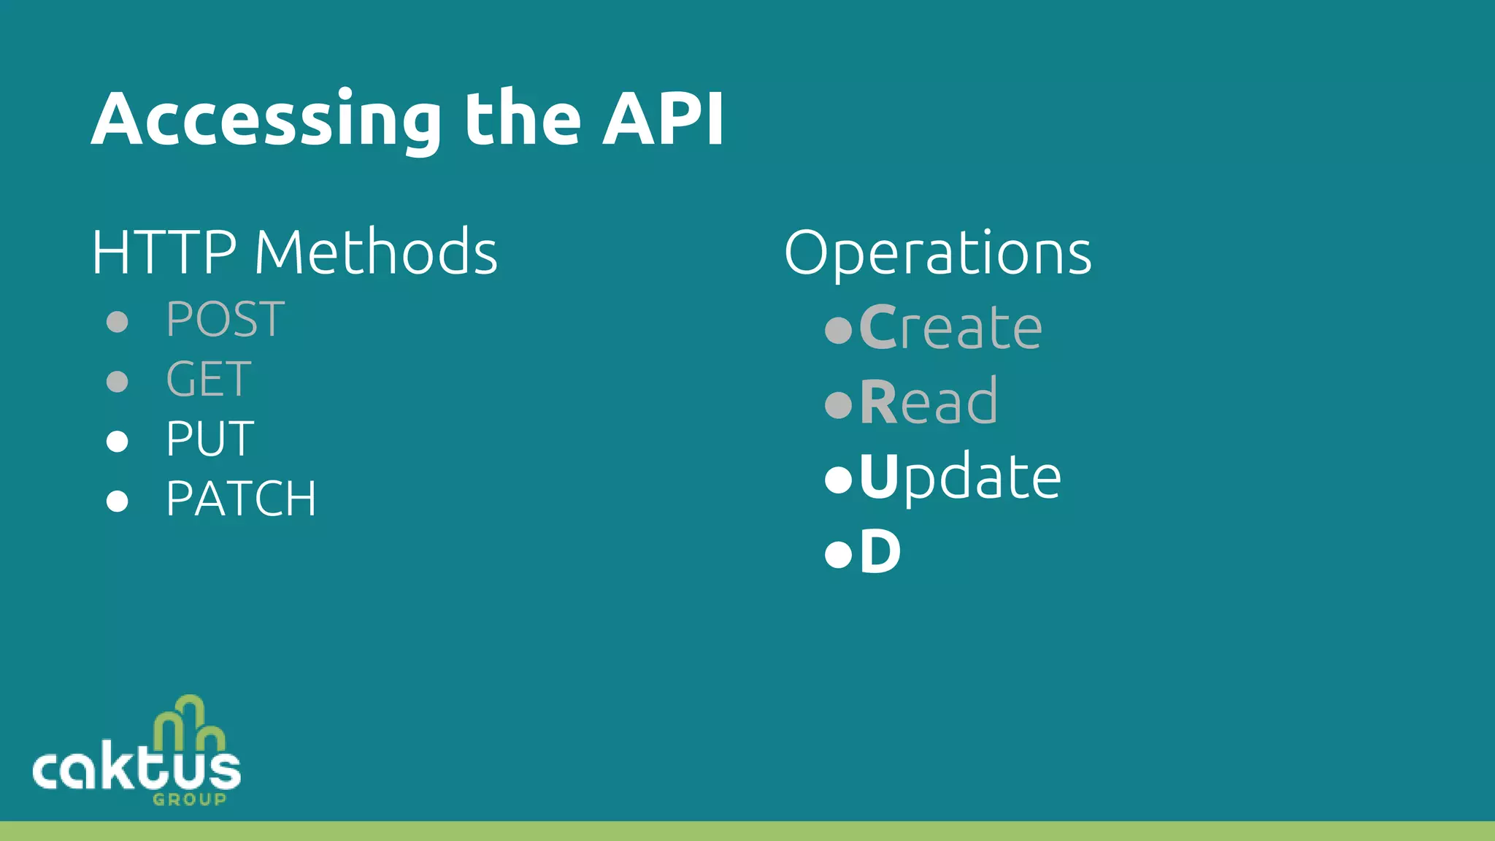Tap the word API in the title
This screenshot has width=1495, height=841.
pos(663,119)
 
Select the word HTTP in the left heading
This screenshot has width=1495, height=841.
pos(164,252)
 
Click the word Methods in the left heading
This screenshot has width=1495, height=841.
pos(375,252)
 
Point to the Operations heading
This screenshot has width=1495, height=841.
pos(937,253)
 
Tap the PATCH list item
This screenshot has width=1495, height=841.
pos(241,499)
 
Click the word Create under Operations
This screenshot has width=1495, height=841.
pos(950,327)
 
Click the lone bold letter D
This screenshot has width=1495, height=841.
pos(880,552)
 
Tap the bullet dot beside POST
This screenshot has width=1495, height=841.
pos(118,321)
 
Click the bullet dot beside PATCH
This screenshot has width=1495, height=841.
pos(118,501)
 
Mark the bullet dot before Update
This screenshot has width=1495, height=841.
pos(838,480)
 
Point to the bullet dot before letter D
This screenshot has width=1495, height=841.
pos(838,554)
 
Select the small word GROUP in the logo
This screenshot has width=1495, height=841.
pos(189,799)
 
